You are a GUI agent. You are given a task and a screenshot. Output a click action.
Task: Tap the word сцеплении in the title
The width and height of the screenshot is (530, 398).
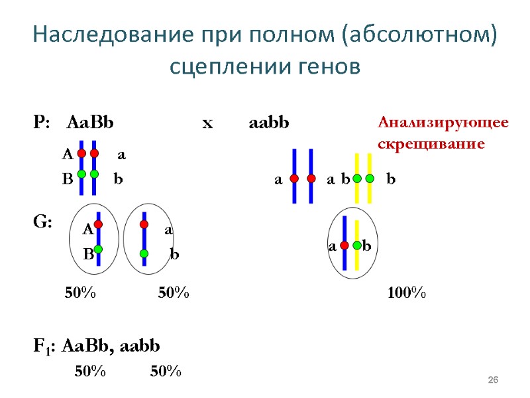coord(225,67)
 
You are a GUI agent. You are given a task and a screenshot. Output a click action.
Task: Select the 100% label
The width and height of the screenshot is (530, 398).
coord(406,293)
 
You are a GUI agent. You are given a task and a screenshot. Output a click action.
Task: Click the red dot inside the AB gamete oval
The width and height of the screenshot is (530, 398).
coord(98,224)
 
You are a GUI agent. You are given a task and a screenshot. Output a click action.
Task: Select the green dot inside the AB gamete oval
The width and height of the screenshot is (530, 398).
coord(98,249)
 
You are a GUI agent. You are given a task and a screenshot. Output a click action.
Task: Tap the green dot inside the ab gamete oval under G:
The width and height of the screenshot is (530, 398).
coord(144,253)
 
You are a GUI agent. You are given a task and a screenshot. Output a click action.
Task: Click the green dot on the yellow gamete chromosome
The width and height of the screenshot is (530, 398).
coord(357,246)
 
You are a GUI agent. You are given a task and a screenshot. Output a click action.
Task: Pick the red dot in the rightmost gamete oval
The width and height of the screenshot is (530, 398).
coord(344,246)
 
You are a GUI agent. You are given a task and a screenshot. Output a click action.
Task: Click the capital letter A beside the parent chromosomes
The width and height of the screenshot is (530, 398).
coord(66,155)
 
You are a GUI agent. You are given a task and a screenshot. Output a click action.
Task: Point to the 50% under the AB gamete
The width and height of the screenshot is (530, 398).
coord(80,293)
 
